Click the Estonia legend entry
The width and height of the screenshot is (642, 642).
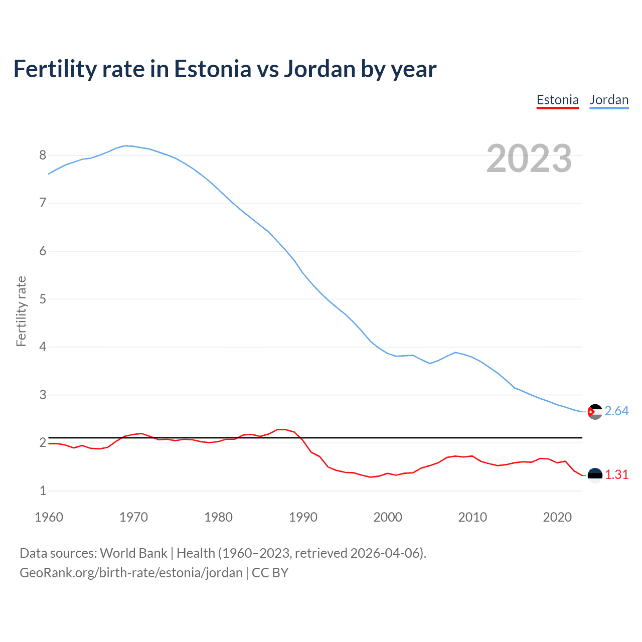557,100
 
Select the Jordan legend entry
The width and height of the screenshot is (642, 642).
609,100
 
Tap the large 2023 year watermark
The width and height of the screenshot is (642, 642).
529,158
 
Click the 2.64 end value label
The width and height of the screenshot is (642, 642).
616,411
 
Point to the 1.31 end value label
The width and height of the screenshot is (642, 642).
616,474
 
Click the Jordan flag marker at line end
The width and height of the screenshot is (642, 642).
595,412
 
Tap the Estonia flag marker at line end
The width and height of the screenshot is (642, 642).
595,475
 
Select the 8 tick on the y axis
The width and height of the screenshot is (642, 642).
43,155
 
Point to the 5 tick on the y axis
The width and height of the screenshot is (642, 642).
43,299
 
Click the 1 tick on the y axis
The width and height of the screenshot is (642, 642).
43,491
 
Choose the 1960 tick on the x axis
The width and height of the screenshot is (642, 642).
49,517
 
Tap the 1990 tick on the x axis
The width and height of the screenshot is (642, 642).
303,517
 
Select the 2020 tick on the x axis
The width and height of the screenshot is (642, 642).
557,517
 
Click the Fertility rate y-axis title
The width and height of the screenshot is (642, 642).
21,311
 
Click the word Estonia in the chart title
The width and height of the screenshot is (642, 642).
212,69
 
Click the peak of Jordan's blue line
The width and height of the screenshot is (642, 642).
125,145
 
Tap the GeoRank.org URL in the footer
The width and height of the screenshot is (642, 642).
131,572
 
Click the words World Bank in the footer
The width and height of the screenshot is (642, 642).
133,553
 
